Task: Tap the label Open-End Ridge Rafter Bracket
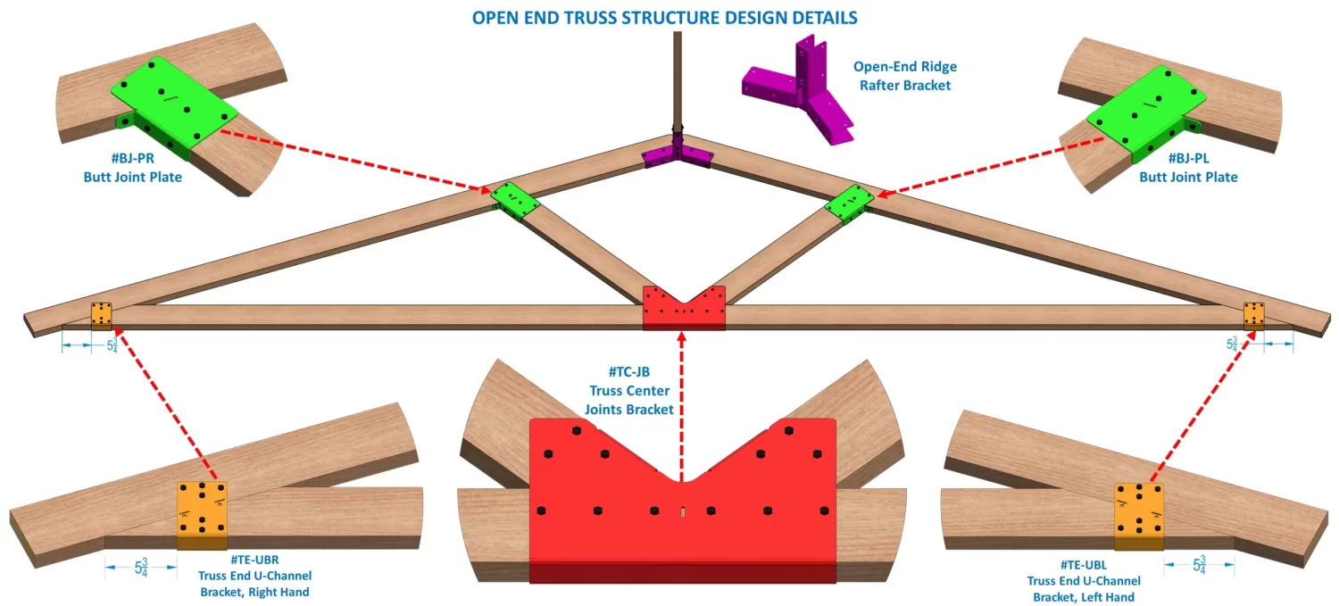click(904, 76)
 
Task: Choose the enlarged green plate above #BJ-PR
click(173, 98)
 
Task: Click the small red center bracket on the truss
click(685, 306)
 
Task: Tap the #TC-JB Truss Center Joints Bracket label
click(629, 391)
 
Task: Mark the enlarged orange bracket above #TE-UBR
click(203, 514)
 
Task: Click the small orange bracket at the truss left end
click(101, 315)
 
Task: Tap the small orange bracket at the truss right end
click(1254, 314)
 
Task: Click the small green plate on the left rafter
click(516, 201)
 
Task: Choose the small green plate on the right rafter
click(847, 204)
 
